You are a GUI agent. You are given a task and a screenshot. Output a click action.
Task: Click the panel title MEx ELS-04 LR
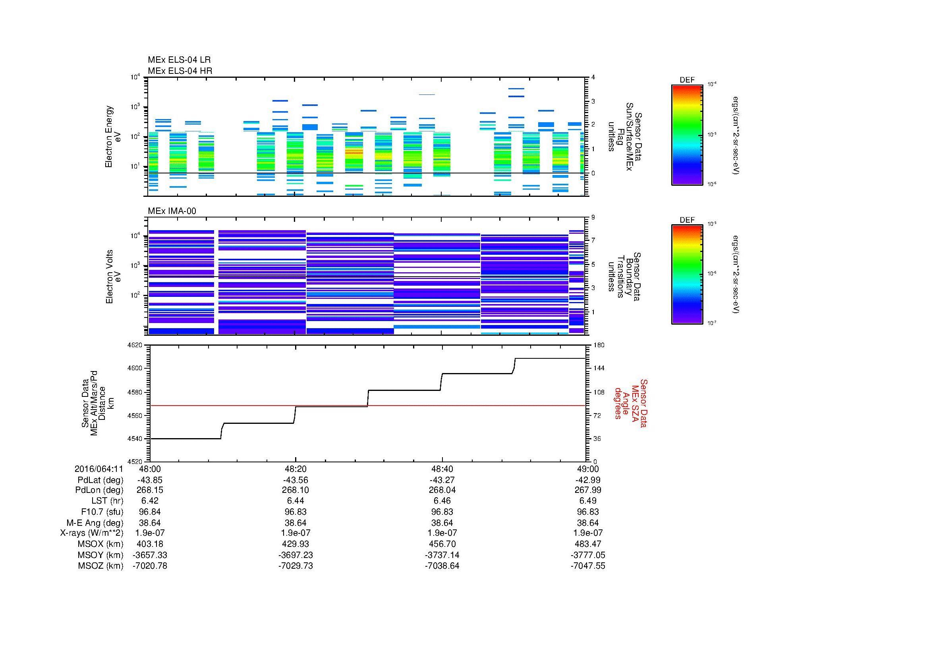179,60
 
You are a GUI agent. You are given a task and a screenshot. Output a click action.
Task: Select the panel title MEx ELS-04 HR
180,71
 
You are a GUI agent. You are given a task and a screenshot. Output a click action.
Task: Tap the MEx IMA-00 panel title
172,211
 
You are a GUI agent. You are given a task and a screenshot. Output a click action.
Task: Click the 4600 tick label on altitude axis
135,368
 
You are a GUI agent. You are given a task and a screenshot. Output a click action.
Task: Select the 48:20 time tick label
296,469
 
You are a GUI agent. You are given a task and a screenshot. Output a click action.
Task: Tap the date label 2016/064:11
99,469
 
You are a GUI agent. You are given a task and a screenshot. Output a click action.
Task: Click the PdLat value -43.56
296,480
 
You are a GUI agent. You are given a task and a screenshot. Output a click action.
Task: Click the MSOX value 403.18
150,544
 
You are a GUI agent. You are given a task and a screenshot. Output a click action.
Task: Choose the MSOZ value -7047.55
588,566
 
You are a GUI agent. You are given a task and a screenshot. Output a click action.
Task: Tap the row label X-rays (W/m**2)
91,533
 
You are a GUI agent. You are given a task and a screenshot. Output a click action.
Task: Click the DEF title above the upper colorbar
687,80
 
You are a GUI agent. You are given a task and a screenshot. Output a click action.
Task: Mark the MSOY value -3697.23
296,555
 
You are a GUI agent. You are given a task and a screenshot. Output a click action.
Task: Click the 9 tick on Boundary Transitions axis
593,217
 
